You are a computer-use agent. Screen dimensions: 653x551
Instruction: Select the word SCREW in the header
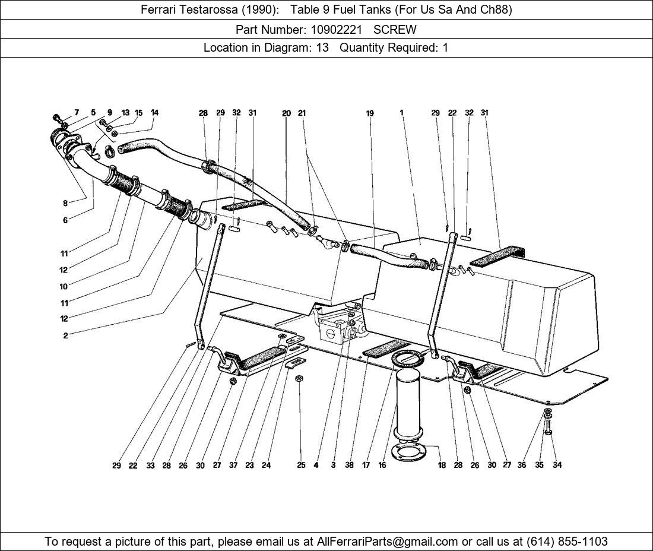tap(395, 30)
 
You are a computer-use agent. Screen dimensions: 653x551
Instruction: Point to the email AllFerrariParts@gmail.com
tap(387, 541)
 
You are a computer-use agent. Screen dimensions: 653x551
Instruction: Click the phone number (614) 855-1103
tap(567, 541)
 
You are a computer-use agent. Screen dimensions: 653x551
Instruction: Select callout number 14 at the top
tap(154, 112)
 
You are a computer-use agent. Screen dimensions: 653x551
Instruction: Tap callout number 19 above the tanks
tap(370, 113)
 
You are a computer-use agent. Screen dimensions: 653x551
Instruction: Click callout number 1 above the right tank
tap(401, 112)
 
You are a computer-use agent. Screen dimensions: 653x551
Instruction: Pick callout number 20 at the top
tap(286, 113)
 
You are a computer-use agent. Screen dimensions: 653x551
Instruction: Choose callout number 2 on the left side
tap(65, 335)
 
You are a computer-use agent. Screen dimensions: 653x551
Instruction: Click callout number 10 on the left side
tap(64, 287)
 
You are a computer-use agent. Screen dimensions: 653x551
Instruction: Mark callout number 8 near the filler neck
tap(65, 203)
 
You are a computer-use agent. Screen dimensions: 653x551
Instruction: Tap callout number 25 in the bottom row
tap(301, 465)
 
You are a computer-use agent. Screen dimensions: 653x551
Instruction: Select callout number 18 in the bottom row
tap(442, 465)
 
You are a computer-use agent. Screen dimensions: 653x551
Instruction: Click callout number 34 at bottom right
tap(557, 465)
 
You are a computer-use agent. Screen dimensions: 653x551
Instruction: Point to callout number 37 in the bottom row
tap(233, 465)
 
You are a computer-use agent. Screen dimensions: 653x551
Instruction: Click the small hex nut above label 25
tap(299, 378)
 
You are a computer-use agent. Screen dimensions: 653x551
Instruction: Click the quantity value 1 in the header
tap(445, 48)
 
